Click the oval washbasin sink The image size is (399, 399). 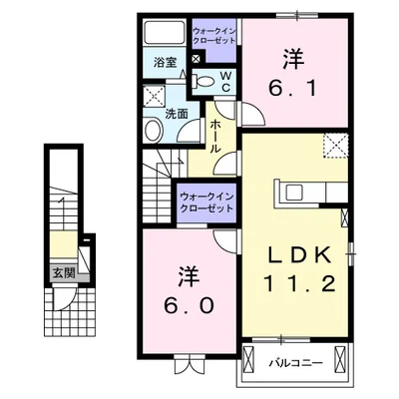point(155,131)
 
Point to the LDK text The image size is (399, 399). point(295,255)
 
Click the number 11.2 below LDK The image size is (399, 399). point(295,284)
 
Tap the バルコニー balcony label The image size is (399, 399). point(295,363)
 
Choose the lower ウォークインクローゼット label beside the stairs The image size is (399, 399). point(207,202)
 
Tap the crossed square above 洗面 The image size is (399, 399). point(154,97)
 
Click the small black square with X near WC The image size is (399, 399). point(196,59)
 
